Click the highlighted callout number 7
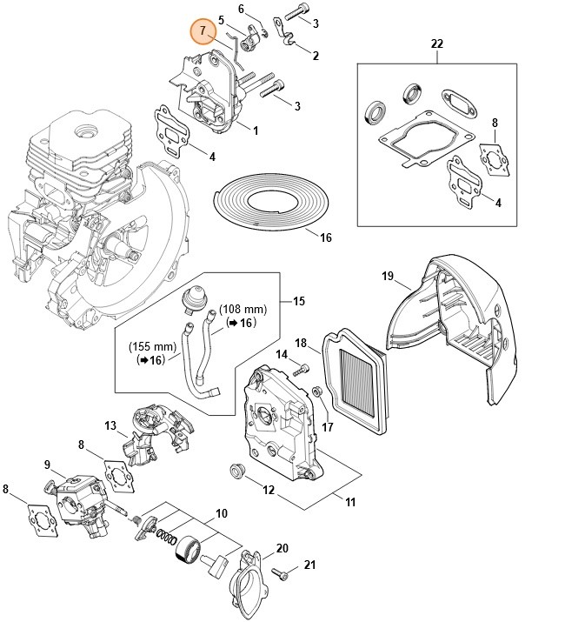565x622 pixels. (x=203, y=31)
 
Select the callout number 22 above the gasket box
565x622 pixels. (x=436, y=43)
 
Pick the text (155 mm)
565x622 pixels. (x=154, y=345)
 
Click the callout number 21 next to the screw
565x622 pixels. (x=308, y=565)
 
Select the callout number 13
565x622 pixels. (x=110, y=425)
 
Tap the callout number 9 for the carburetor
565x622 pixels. (x=48, y=465)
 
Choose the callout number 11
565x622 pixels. (x=350, y=502)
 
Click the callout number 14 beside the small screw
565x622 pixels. (x=282, y=354)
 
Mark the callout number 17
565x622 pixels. (x=327, y=427)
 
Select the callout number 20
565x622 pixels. (x=282, y=548)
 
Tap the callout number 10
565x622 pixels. (x=222, y=513)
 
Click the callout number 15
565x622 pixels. (x=299, y=301)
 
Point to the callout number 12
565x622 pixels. (x=269, y=490)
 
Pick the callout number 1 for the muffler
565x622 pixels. (x=256, y=130)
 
